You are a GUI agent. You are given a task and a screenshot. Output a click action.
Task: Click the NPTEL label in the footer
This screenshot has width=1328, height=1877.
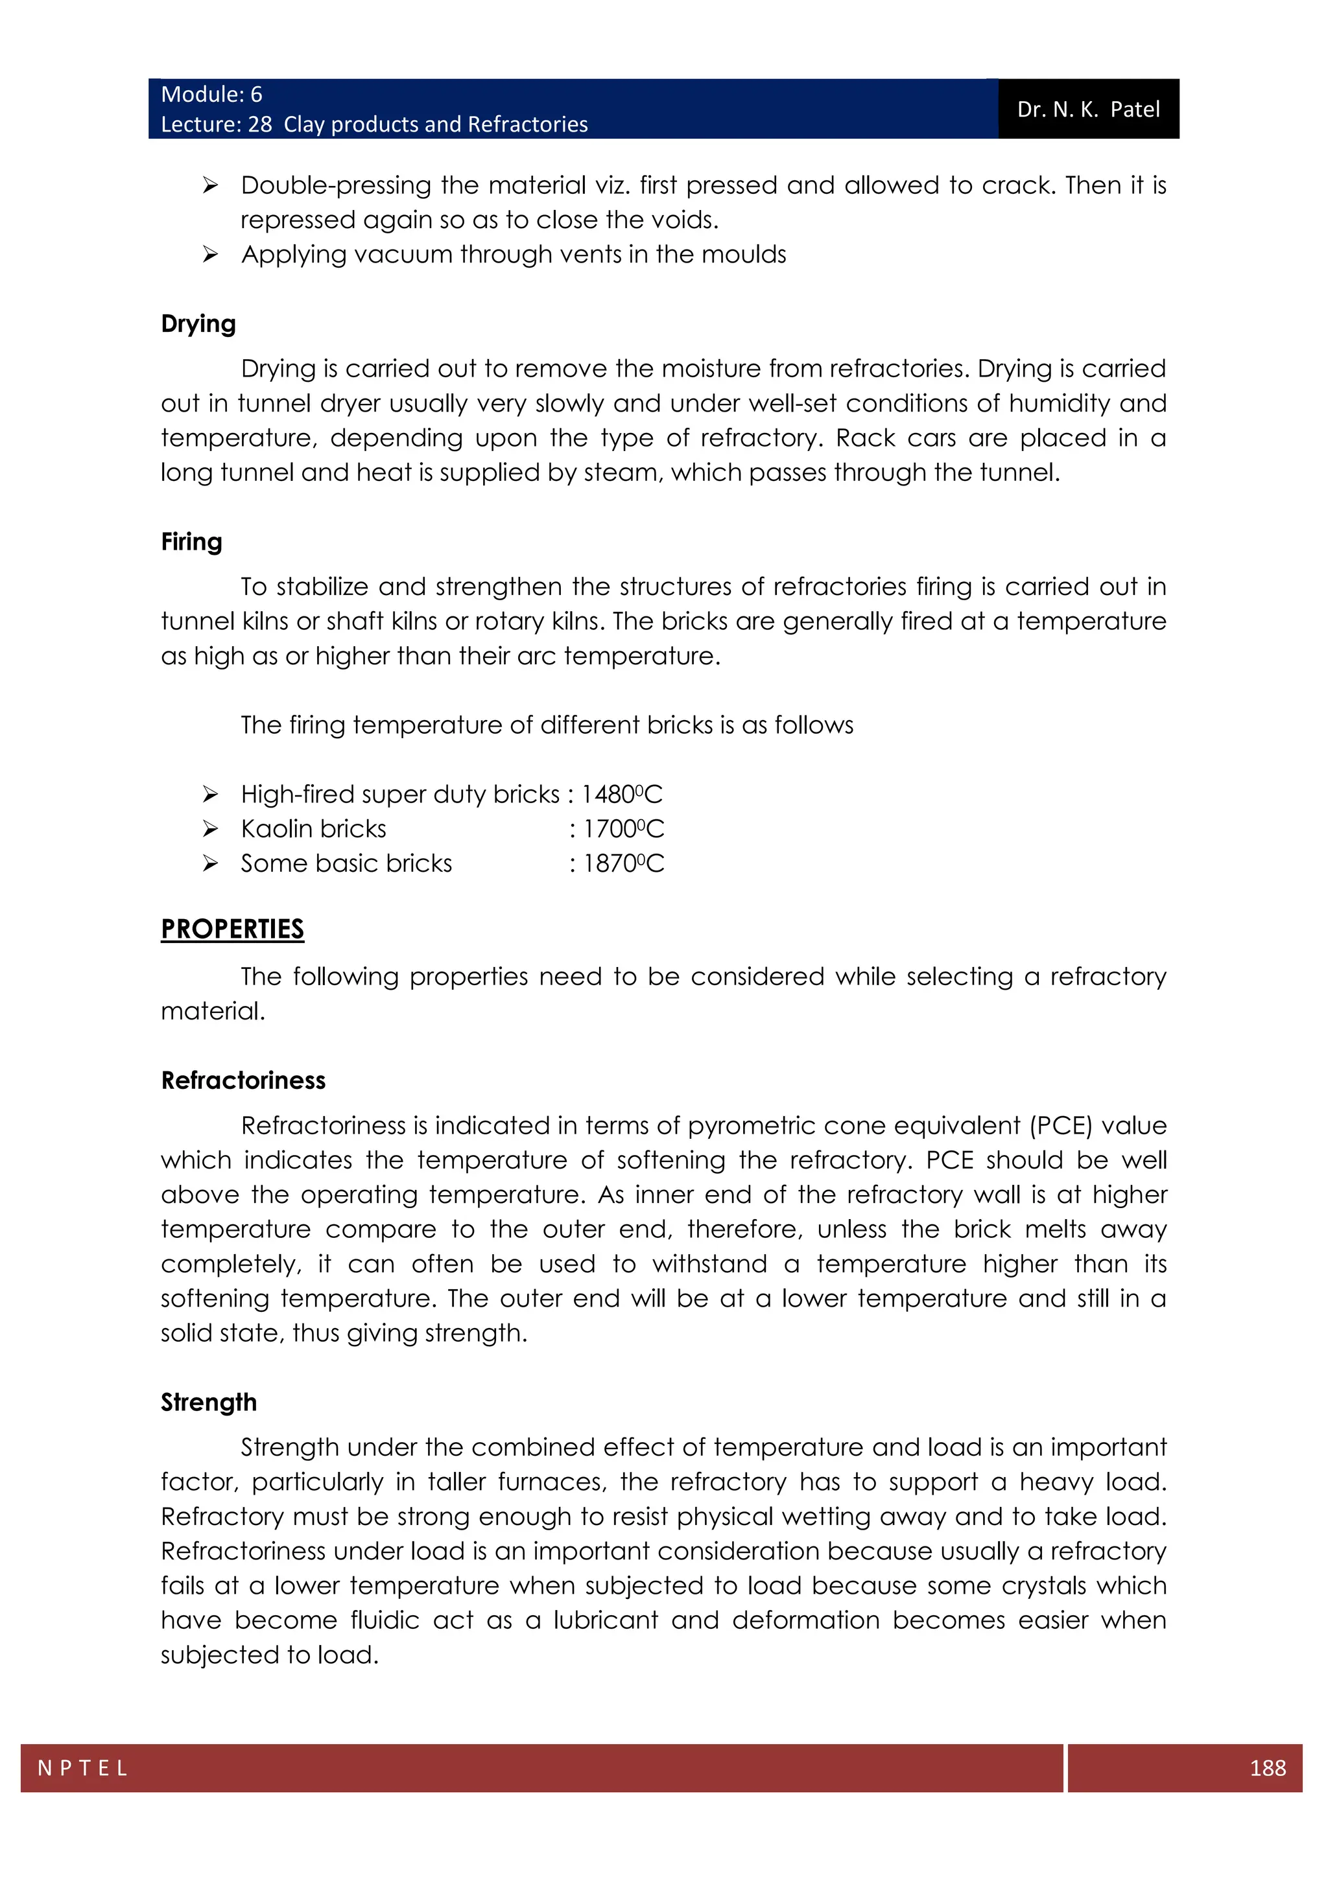pyautogui.click(x=82, y=1767)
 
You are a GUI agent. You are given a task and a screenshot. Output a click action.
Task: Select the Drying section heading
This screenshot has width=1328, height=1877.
pyautogui.click(x=198, y=323)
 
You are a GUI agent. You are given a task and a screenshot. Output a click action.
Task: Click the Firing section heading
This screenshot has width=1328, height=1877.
pyautogui.click(x=191, y=542)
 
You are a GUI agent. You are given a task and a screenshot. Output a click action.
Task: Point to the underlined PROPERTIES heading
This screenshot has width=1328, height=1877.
pyautogui.click(x=232, y=929)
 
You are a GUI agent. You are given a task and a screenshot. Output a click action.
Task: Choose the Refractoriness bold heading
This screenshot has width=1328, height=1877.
pyautogui.click(x=243, y=1080)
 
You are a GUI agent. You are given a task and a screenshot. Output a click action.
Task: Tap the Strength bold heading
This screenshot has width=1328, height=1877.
pyautogui.click(x=209, y=1402)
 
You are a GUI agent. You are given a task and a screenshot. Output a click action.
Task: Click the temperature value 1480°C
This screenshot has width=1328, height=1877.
pyautogui.click(x=621, y=795)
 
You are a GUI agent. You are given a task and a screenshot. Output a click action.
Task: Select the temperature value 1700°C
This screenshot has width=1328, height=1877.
pyautogui.click(x=623, y=829)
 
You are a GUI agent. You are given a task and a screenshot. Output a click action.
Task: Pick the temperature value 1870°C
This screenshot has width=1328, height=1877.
pyautogui.click(x=623, y=863)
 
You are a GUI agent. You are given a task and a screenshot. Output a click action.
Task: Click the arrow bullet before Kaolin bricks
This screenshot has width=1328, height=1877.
pyautogui.click(x=210, y=829)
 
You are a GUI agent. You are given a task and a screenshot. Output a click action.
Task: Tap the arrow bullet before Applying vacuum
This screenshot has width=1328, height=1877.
pyautogui.click(x=210, y=255)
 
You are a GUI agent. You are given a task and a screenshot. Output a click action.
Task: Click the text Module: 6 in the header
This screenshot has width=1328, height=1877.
pyautogui.click(x=211, y=95)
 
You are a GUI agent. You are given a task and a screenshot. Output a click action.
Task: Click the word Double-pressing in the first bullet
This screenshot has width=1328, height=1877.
pyautogui.click(x=335, y=185)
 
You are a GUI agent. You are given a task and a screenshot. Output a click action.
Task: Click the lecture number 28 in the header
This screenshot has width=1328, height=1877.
pyautogui.click(x=260, y=124)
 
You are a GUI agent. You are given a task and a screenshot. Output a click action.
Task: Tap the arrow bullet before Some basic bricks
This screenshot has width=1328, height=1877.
pyautogui.click(x=210, y=863)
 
